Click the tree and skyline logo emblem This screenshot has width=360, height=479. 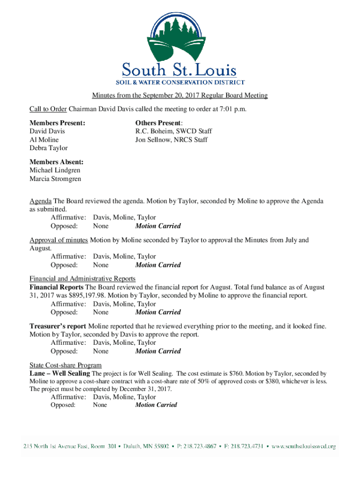[180, 36]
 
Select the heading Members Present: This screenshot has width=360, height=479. [58, 123]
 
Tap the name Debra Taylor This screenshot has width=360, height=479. [49, 148]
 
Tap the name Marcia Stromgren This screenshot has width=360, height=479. [55, 179]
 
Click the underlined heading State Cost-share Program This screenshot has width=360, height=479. [65, 365]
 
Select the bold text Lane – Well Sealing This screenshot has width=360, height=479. [60, 373]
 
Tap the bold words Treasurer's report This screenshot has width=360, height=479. [58, 326]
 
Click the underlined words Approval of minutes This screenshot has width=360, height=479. [58, 240]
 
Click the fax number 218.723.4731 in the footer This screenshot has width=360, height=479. [248, 446]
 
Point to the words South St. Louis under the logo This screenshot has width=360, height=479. [180, 70]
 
